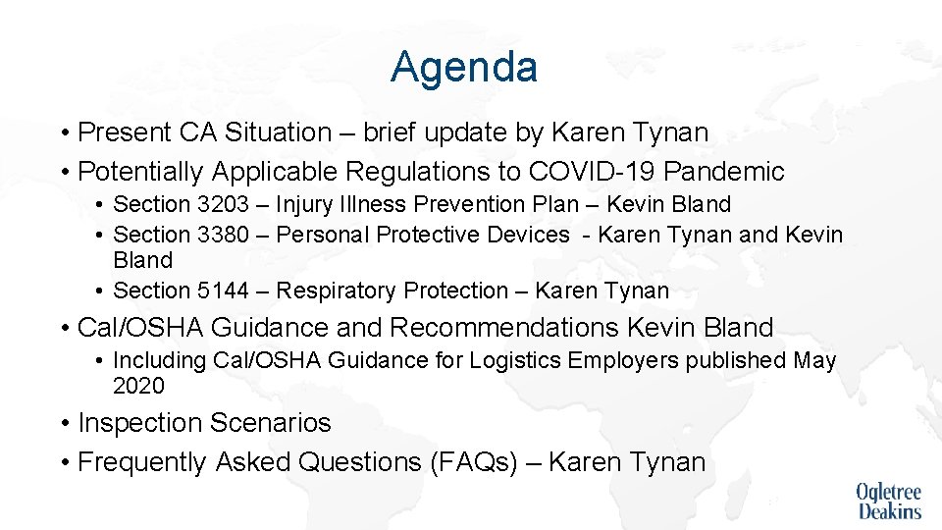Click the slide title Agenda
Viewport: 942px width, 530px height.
coord(463,68)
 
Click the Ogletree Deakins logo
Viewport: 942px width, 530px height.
coord(889,501)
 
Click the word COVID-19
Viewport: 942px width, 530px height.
coord(592,172)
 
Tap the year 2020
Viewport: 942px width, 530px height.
coord(139,386)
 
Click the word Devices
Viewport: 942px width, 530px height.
coord(529,235)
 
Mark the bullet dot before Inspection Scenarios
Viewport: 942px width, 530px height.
coord(64,424)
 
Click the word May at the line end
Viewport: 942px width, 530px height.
coord(814,360)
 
